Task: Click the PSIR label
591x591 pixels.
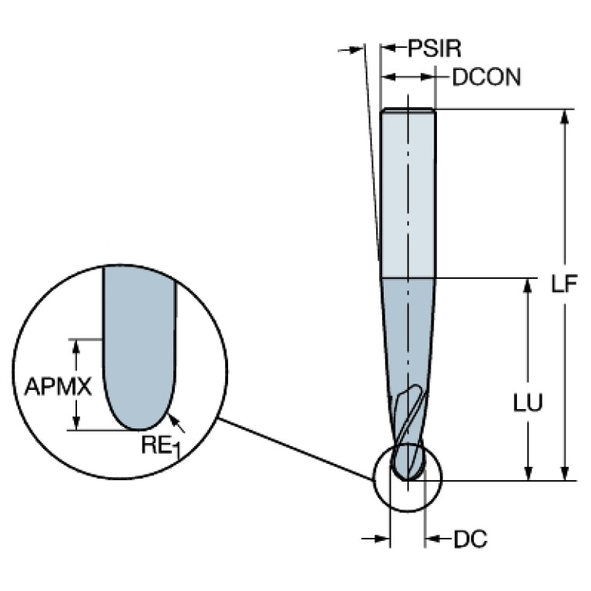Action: tap(435, 49)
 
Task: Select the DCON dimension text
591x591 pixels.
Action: tap(487, 77)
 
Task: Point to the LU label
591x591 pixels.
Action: tap(528, 402)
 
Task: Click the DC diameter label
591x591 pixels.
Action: tap(470, 539)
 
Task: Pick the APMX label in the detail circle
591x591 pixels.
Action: tap(58, 386)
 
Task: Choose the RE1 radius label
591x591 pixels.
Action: tap(161, 446)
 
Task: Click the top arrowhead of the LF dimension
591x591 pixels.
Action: tap(564, 116)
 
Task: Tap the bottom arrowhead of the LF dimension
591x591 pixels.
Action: tap(564, 473)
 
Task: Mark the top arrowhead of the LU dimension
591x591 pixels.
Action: tap(528, 285)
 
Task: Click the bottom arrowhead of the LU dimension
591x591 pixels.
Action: tap(528, 473)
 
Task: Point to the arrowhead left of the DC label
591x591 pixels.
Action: tap(433, 539)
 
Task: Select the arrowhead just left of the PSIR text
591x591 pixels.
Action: tap(388, 48)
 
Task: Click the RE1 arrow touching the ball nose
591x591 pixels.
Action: tap(176, 423)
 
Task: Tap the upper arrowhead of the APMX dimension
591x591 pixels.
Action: tap(76, 346)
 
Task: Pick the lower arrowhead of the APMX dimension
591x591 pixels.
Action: tap(76, 422)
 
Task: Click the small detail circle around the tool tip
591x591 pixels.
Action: tap(373, 478)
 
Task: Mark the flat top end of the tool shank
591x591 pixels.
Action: tap(408, 109)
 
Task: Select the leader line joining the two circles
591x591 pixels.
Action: tap(295, 449)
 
